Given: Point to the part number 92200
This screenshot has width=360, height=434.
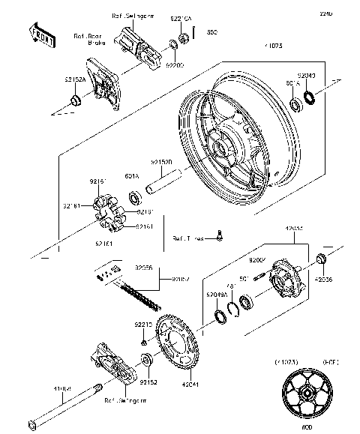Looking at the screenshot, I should (175, 66).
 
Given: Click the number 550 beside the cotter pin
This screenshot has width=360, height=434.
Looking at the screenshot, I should (212, 32).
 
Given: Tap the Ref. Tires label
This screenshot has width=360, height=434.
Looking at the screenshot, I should (187, 238).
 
